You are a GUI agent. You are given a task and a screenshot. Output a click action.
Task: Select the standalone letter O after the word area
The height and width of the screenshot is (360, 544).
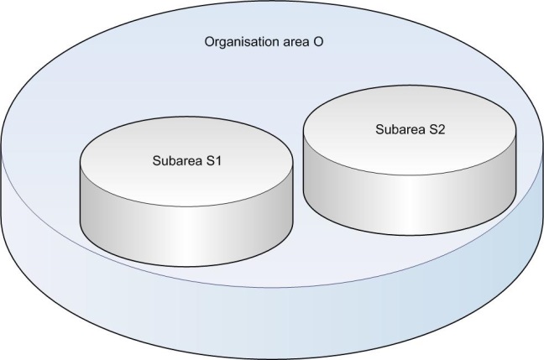(x=323, y=41)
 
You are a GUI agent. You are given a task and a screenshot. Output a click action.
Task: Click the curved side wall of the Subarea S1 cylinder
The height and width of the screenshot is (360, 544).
(x=185, y=227)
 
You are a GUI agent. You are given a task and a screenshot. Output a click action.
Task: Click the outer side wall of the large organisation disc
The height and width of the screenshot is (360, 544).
(x=269, y=327)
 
